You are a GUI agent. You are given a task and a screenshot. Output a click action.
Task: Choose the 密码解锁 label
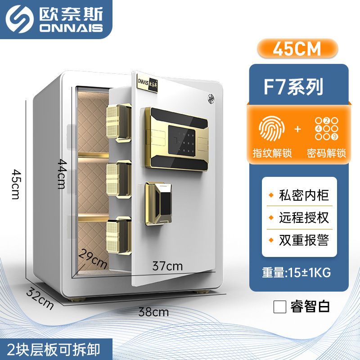[326, 153]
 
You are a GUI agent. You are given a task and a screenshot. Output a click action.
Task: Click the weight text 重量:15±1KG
[299, 272]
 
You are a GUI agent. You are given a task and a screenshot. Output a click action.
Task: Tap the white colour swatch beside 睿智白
[280, 307]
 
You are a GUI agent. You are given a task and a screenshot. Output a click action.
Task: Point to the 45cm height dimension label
[16, 184]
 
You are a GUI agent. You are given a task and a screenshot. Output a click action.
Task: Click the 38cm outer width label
[154, 311]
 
